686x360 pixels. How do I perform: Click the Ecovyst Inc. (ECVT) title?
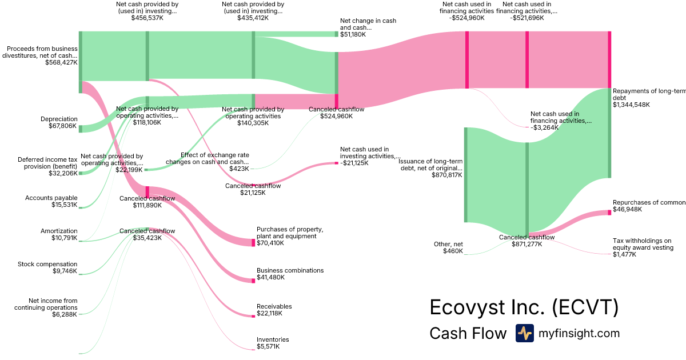pos(524,307)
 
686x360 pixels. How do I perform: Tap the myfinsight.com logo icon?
pos(524,333)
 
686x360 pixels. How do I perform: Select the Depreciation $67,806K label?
pos(59,122)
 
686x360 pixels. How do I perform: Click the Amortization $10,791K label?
pos(59,234)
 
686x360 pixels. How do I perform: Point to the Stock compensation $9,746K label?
pos(47,267)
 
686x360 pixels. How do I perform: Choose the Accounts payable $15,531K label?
pos(51,201)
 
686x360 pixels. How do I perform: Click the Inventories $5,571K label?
pos(273,343)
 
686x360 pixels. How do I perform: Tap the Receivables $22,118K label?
pos(274,310)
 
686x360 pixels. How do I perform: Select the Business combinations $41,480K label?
pos(290,274)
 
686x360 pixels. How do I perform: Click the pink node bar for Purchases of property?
pos(253,242)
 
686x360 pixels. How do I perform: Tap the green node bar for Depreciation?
pos(81,129)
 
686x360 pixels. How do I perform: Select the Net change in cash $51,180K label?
pos(368,27)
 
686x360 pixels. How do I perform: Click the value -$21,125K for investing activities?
pos(354,163)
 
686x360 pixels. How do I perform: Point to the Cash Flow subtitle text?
pos(468,333)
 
